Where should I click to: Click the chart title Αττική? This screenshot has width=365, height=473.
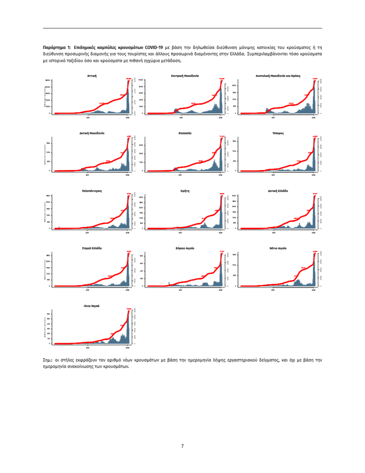pos(91,75)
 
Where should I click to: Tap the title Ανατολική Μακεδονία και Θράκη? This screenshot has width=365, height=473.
pos(278,75)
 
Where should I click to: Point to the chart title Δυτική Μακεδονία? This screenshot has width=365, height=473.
pos(91,133)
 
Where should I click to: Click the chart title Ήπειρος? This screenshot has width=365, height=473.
pos(278,133)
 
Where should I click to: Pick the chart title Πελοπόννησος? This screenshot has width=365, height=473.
pos(91,190)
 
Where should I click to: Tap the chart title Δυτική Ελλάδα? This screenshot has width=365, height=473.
pos(278,190)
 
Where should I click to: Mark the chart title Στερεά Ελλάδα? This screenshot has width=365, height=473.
pos(91,248)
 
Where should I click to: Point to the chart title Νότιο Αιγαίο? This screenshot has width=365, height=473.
pos(278,248)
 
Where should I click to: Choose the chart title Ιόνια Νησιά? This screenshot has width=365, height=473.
pos(91,306)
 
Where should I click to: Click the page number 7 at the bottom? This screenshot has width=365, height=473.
pos(182,446)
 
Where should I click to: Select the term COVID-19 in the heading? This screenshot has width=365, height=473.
pos(154,48)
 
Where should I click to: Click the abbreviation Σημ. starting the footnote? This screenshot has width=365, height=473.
pos(47,359)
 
